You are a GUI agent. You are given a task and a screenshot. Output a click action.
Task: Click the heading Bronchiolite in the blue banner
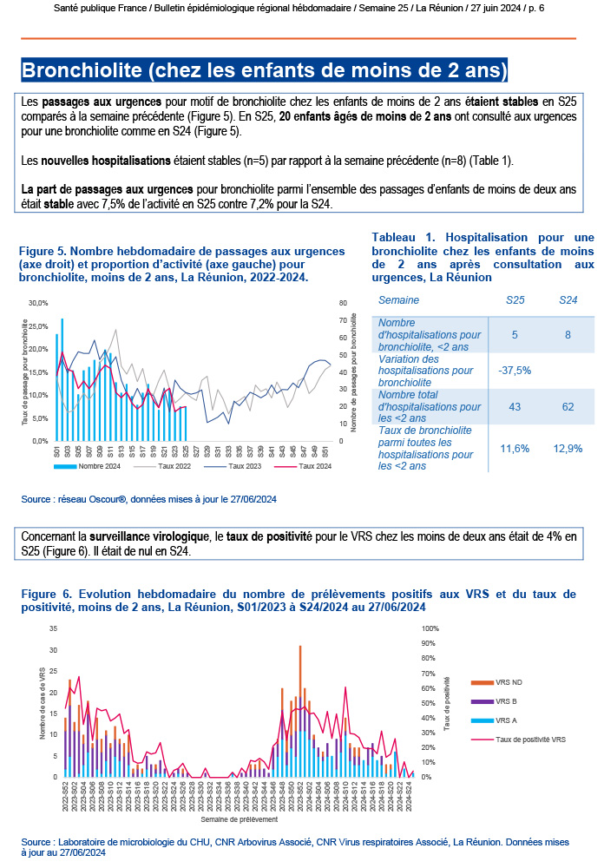264,69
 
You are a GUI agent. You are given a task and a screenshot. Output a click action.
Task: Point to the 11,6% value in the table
514,448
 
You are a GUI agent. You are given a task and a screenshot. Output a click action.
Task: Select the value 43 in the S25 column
514,406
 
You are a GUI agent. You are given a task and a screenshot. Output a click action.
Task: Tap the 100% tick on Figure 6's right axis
430,628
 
